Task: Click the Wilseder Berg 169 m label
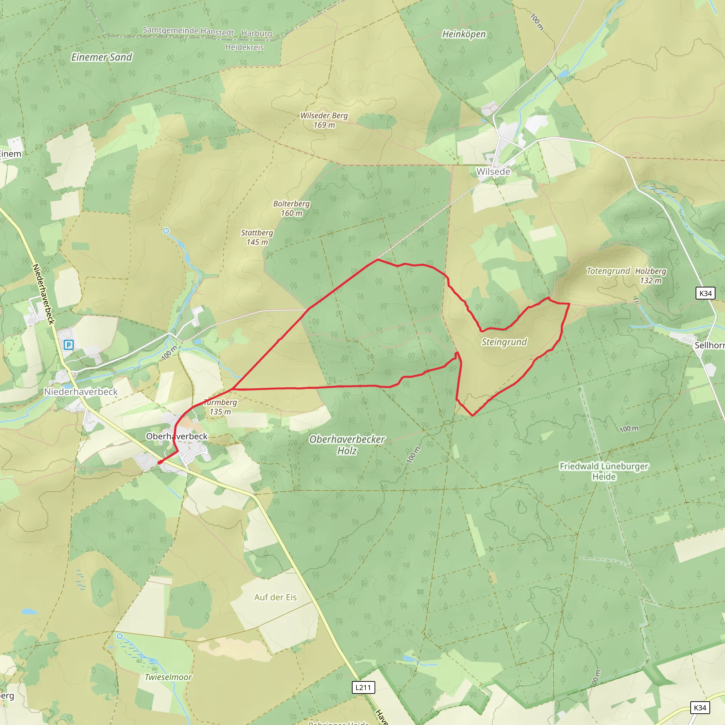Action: coord(324,120)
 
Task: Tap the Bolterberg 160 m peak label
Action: coord(292,208)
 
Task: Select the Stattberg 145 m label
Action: coord(257,237)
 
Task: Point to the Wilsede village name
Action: coord(493,171)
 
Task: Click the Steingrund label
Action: coord(504,342)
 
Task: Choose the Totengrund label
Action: coord(608,271)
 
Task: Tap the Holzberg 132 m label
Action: coord(651,275)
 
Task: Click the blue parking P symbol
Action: coord(68,344)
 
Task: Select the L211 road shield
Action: coord(363,687)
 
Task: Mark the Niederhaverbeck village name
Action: coord(81,392)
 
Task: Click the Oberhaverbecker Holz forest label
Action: coord(347,445)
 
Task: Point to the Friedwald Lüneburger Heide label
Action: coord(604,471)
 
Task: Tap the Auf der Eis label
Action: coord(275,597)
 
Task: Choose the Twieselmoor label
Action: coord(168,677)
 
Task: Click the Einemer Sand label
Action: coord(102,57)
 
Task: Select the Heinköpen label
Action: coord(464,34)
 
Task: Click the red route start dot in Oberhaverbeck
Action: coord(160,462)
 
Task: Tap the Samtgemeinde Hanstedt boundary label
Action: coord(188,31)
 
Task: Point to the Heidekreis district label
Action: coord(244,47)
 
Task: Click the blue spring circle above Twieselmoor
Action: coord(119,636)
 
